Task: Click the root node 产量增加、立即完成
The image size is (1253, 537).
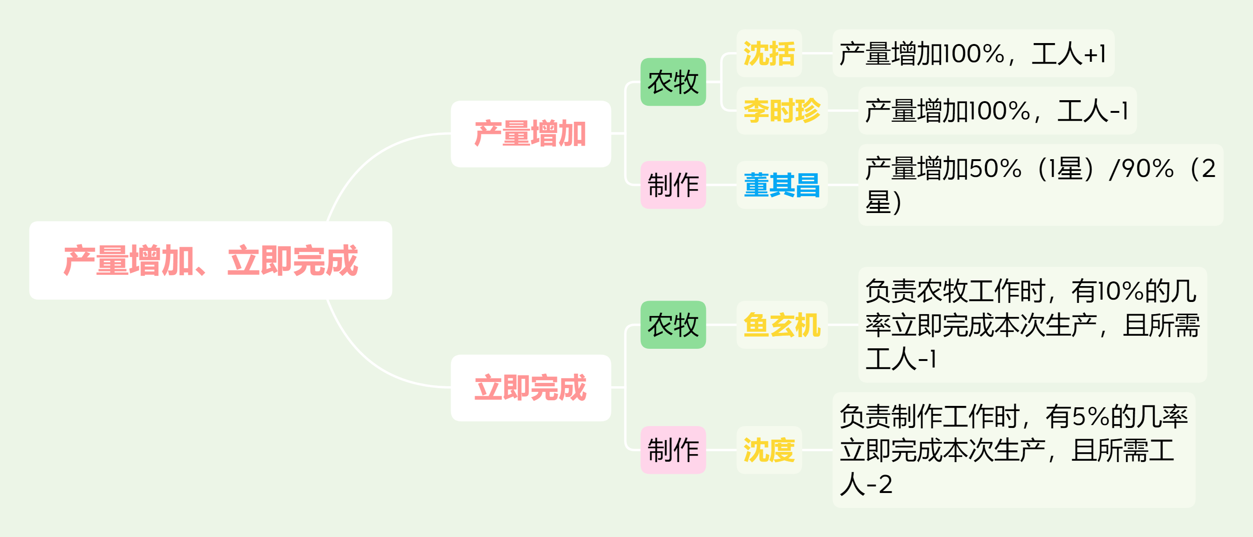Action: pyautogui.click(x=211, y=260)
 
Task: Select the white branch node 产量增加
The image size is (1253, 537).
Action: pyautogui.click(x=531, y=133)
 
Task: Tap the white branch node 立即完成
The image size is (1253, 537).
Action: pyautogui.click(x=531, y=387)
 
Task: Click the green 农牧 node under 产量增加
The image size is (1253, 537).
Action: pyautogui.click(x=673, y=81)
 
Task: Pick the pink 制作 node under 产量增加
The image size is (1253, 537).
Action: pyautogui.click(x=673, y=184)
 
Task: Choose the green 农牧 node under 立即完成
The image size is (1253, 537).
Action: pyautogui.click(x=673, y=324)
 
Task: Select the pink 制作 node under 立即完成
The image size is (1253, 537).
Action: pyautogui.click(x=673, y=450)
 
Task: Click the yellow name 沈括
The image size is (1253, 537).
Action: pyautogui.click(x=769, y=53)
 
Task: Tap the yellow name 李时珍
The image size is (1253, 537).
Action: pyautogui.click(x=782, y=110)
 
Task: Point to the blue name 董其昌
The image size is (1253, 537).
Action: pyautogui.click(x=782, y=184)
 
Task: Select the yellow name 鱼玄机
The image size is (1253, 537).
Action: pyautogui.click(x=782, y=324)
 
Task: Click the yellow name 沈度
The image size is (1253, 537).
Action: pyautogui.click(x=769, y=450)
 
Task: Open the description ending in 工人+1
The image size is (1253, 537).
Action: pyautogui.click(x=973, y=53)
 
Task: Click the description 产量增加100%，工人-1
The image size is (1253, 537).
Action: pyautogui.click(x=997, y=110)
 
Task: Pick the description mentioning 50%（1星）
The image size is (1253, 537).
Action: pyautogui.click(x=1040, y=184)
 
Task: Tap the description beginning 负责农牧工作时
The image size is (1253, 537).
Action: pyautogui.click(x=1032, y=324)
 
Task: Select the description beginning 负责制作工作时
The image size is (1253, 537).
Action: pyautogui.click(x=1014, y=450)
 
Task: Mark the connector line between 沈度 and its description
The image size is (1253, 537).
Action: pyautogui.click(x=817, y=450)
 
